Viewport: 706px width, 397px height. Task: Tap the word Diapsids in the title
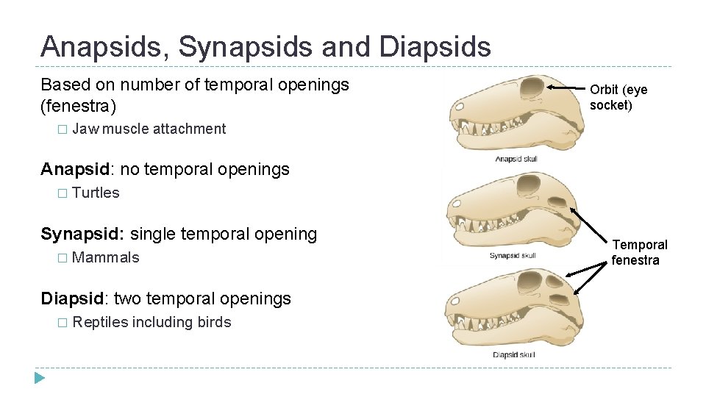435,47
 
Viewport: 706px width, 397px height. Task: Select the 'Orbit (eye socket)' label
618,97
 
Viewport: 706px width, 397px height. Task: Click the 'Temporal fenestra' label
639,252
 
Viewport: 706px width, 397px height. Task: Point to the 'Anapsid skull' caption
516,159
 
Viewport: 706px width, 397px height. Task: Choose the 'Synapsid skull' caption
512,256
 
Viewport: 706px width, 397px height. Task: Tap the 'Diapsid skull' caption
513,355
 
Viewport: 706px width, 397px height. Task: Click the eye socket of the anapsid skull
529,89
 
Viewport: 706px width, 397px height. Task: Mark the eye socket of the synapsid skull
527,184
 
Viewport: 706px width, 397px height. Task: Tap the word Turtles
96,193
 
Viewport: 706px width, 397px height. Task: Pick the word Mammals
106,257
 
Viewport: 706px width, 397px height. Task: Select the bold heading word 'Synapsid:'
82,235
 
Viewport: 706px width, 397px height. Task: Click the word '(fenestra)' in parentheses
78,106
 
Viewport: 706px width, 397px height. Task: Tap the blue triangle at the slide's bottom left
40,379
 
